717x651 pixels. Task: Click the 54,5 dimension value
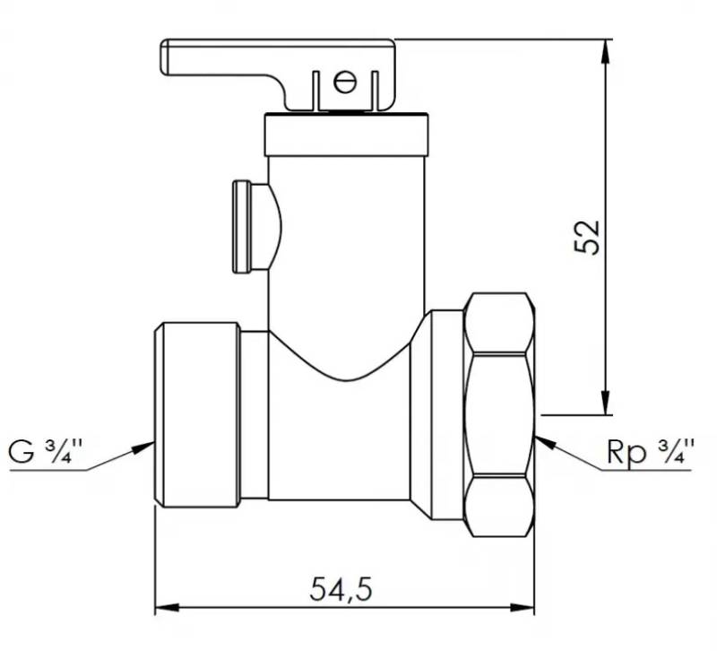[x=341, y=589]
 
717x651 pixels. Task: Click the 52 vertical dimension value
[x=587, y=237]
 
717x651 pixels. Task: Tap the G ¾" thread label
[x=46, y=451]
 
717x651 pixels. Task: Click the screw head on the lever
[x=345, y=82]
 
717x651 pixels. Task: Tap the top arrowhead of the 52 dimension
[x=606, y=51]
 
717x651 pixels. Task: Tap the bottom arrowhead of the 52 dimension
[x=606, y=403]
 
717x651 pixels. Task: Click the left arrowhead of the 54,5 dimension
[x=167, y=609]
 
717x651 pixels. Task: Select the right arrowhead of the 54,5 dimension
[x=523, y=609]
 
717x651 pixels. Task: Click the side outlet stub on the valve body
[x=257, y=227]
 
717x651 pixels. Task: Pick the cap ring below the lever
[x=347, y=135]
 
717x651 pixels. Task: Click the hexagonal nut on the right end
[x=499, y=414]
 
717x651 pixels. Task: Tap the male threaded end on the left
[x=196, y=415]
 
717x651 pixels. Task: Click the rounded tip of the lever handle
[x=165, y=57]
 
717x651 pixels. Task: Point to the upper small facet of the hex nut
[x=499, y=323]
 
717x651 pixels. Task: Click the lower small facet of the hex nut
[x=499, y=507]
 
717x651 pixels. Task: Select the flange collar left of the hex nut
[x=447, y=415]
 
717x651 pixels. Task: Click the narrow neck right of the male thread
[x=255, y=415]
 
